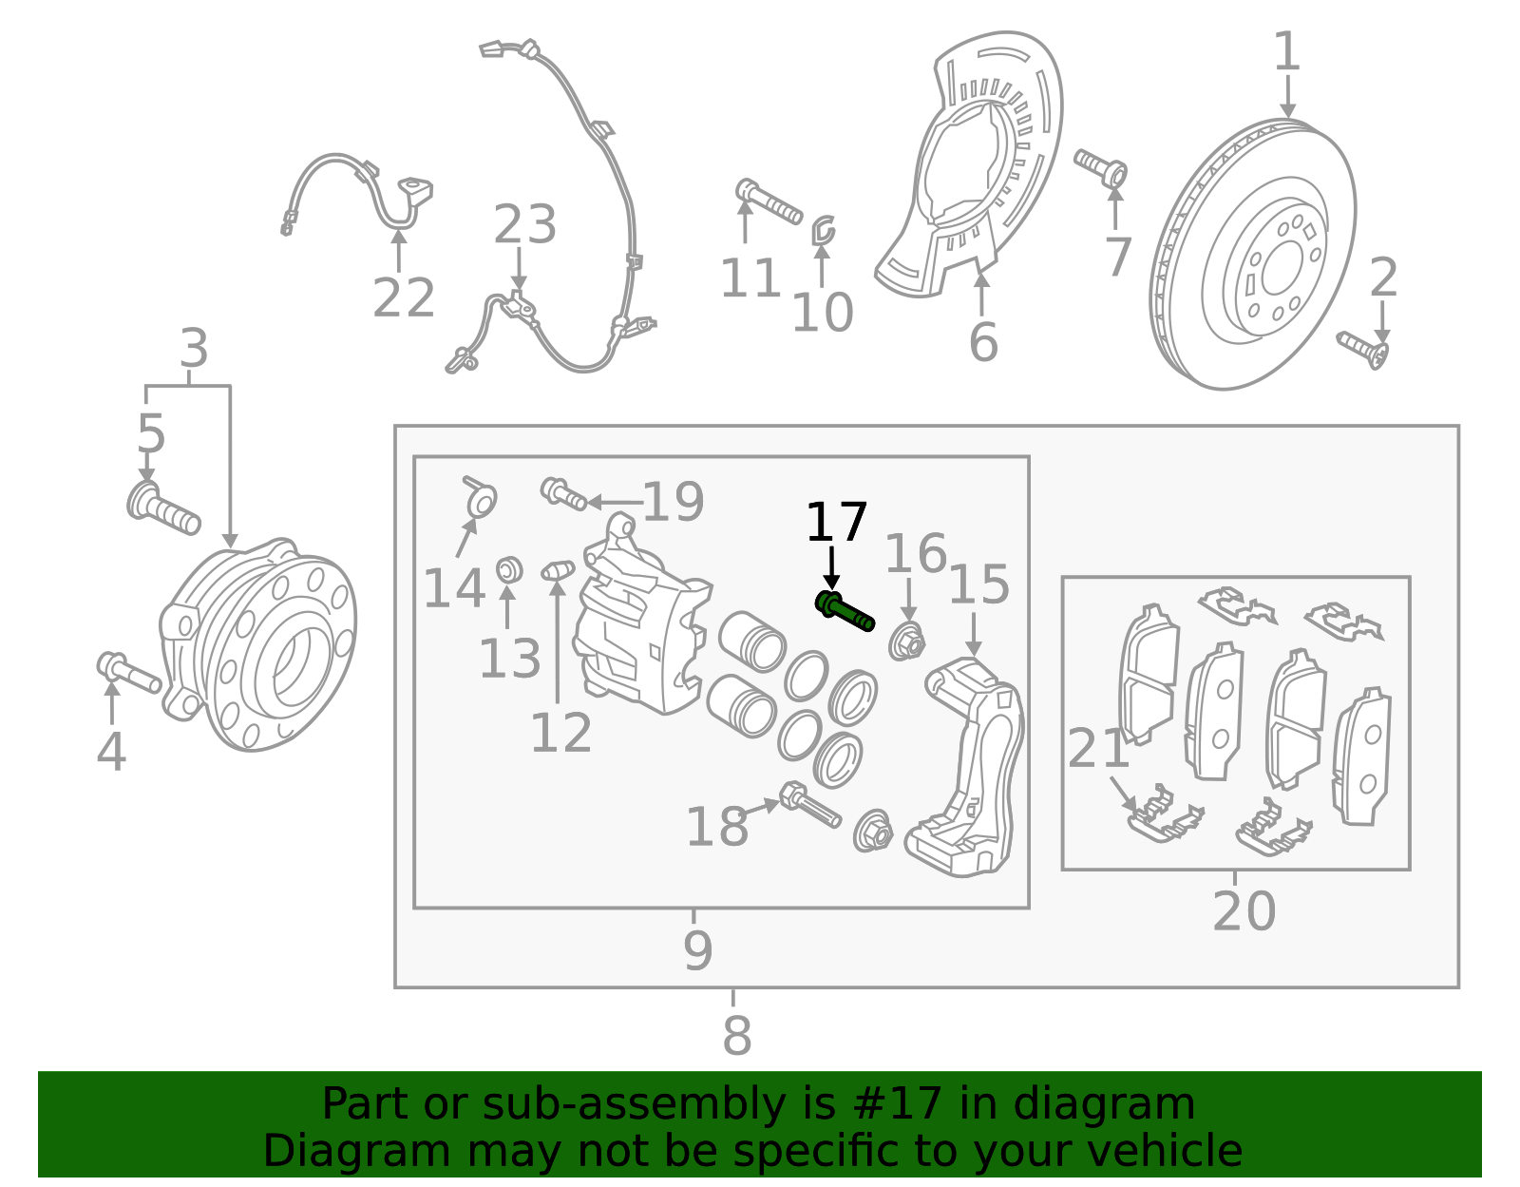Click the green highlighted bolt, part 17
click(x=845, y=611)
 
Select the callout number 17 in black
click(x=836, y=524)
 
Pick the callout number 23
click(x=524, y=226)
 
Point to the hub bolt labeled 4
click(x=127, y=672)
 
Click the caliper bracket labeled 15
click(x=969, y=760)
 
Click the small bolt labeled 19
click(x=562, y=494)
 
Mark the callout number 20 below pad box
click(x=1244, y=912)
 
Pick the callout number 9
click(x=697, y=950)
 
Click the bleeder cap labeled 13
click(x=510, y=570)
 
